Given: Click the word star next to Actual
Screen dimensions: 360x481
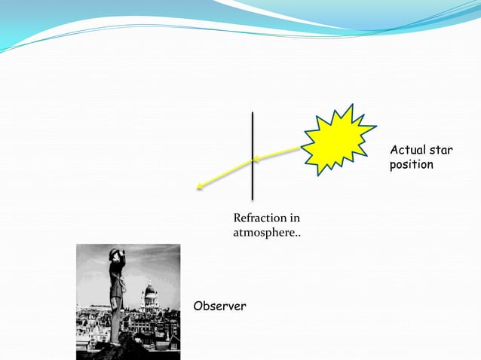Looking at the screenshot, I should tap(442, 151).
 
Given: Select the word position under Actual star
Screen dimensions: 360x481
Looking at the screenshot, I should tap(412, 164).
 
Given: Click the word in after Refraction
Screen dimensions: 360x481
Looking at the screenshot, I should tap(295, 218).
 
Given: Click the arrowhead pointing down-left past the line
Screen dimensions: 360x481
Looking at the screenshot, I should tap(198, 187).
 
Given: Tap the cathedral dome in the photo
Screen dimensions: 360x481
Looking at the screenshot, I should tap(149, 291).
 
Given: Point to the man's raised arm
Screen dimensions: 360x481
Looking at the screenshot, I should tap(121, 259).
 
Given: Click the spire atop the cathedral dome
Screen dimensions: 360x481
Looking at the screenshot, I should tap(149, 282).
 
